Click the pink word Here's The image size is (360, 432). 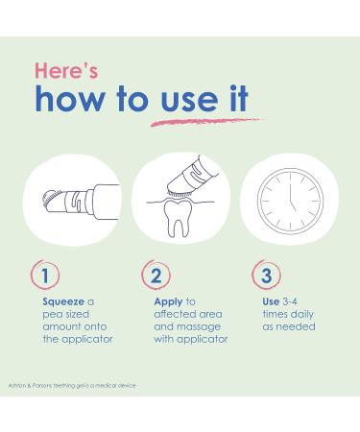66,71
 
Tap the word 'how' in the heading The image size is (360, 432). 69,99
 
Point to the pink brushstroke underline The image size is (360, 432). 206,122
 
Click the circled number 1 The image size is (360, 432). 45,275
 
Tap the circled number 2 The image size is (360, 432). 156,275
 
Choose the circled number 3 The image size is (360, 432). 266,275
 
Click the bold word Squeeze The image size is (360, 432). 63,301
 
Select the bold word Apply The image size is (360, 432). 168,302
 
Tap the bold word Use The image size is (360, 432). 271,301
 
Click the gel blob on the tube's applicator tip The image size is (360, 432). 48,199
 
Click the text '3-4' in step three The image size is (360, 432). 290,301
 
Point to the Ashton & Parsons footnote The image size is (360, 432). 72,386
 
